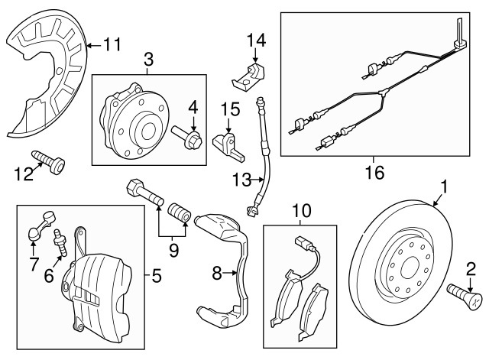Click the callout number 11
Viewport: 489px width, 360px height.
coord(112,44)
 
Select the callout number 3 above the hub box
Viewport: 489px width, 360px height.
coord(149,60)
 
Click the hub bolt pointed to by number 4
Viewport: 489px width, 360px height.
coord(186,137)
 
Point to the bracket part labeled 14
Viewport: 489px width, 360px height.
coord(248,76)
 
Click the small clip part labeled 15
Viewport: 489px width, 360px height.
coord(228,147)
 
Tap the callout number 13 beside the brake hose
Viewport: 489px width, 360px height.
coord(241,180)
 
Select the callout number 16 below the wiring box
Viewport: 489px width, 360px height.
coord(375,172)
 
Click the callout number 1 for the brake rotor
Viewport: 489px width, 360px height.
coord(444,186)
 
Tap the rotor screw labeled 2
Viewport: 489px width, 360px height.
coord(465,296)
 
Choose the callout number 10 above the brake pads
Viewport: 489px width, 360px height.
coord(302,210)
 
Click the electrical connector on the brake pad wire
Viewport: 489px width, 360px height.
coord(302,242)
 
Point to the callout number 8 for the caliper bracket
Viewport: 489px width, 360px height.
coord(217,274)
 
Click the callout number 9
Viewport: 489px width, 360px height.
coord(173,250)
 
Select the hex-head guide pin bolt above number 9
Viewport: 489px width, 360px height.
coord(144,194)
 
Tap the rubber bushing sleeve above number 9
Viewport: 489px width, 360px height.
coord(180,213)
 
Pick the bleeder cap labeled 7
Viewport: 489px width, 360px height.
coord(41,225)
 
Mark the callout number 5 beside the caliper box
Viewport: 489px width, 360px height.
coord(157,275)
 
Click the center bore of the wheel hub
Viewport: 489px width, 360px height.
coord(148,131)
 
